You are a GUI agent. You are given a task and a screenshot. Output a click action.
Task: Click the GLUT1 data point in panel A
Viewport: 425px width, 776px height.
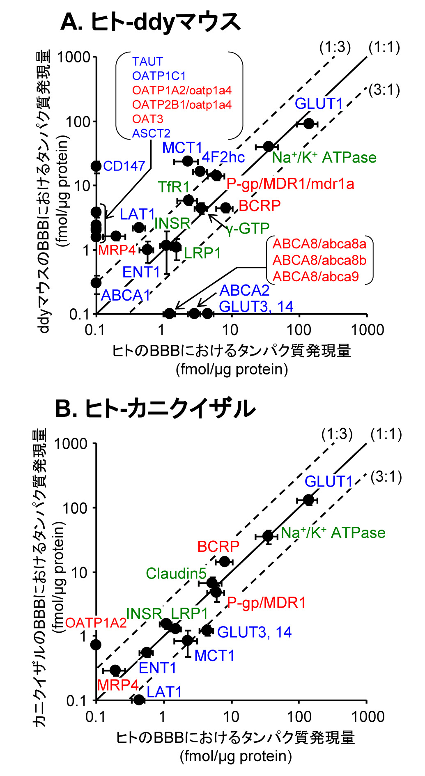pyautogui.click(x=309, y=123)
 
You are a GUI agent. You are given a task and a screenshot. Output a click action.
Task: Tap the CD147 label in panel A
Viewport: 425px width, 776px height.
pyautogui.click(x=124, y=166)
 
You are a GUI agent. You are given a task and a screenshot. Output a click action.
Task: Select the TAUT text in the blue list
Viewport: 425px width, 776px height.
pyautogui.click(x=147, y=62)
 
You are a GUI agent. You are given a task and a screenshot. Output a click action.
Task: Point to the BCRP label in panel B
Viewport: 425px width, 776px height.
pyautogui.click(x=218, y=546)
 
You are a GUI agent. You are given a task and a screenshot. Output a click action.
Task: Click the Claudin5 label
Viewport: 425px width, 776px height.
pyautogui.click(x=176, y=574)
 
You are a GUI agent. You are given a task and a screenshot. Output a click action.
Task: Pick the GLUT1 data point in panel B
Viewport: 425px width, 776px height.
pyautogui.click(x=308, y=500)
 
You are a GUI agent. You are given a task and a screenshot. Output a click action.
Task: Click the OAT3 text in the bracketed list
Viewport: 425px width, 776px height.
pyautogui.click(x=147, y=119)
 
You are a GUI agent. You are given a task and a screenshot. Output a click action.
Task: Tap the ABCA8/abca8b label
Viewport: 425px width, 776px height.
pyautogui.click(x=319, y=260)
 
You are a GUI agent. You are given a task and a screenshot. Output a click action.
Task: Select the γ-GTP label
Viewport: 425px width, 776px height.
pyautogui.click(x=248, y=228)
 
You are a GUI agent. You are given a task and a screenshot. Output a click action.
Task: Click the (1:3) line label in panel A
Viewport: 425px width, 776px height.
pyautogui.click(x=335, y=47)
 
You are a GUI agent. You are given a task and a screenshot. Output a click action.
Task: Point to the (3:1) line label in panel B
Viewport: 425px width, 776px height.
pyautogui.click(x=386, y=477)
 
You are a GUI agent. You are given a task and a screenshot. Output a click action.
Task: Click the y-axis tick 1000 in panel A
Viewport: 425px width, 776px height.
pyautogui.click(x=74, y=57)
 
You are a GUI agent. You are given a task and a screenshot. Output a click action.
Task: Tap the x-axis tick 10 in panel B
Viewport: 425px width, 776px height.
pyautogui.click(x=231, y=716)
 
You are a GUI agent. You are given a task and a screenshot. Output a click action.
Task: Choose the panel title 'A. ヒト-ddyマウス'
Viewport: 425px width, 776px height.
pyautogui.click(x=150, y=22)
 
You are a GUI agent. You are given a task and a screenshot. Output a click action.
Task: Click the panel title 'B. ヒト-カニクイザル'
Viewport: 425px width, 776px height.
pyautogui.click(x=155, y=409)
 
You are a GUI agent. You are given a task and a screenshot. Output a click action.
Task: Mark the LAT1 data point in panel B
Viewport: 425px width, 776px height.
pyautogui.click(x=139, y=700)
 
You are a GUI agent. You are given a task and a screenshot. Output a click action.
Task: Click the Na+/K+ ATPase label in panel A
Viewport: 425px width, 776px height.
pyautogui.click(x=324, y=158)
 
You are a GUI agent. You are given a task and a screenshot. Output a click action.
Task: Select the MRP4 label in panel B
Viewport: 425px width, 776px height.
pyautogui.click(x=118, y=685)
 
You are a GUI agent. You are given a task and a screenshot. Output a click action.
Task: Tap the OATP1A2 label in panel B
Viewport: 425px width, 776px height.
pyautogui.click(x=96, y=623)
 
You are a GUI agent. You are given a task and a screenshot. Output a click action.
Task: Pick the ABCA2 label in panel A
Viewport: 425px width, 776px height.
pyautogui.click(x=245, y=290)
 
